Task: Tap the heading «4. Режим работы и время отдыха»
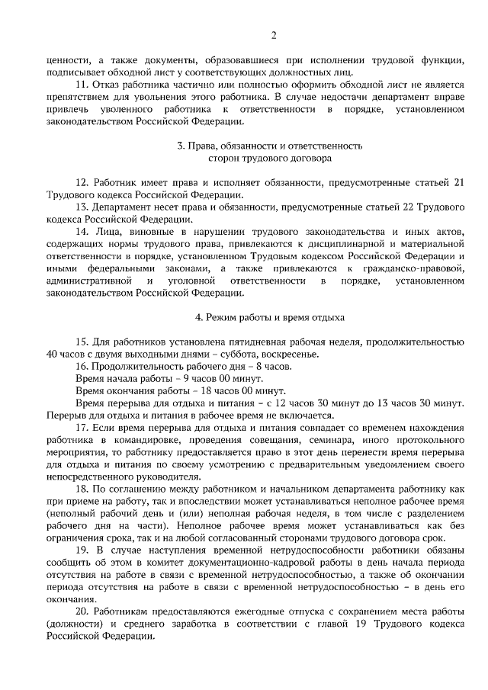pyautogui.click(x=270, y=316)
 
